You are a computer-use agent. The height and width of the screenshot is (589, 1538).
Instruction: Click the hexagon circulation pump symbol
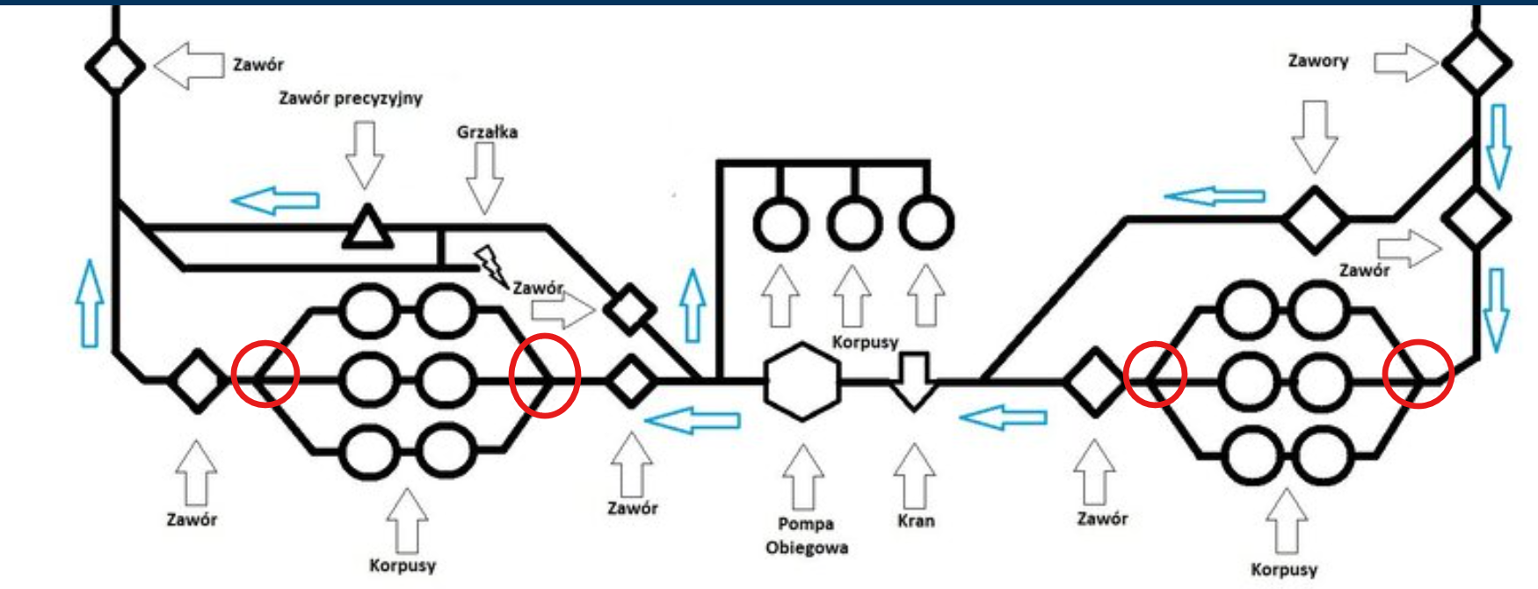[802, 382]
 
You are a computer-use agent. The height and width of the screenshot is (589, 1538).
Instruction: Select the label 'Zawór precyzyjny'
[351, 98]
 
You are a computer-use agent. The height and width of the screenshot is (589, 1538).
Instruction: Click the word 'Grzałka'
[487, 132]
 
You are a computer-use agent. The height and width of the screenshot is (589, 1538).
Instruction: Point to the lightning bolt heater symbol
[490, 265]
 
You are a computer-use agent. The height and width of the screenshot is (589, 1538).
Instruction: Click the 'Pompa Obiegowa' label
[806, 535]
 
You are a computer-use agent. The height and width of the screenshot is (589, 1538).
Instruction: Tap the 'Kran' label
[916, 520]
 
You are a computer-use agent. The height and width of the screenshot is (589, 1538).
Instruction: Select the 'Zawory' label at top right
[1317, 61]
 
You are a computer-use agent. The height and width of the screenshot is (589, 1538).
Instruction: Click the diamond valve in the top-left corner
[114, 66]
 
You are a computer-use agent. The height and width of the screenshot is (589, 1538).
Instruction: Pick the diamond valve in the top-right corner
[1477, 63]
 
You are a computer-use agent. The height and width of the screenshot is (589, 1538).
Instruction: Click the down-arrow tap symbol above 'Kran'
[914, 381]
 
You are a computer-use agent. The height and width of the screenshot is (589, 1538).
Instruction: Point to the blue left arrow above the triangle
[276, 200]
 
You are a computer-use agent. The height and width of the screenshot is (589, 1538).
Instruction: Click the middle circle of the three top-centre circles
[852, 223]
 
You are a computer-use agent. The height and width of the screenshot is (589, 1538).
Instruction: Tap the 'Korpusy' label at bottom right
[1283, 569]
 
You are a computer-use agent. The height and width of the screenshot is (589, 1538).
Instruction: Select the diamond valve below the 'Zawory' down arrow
[1315, 218]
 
